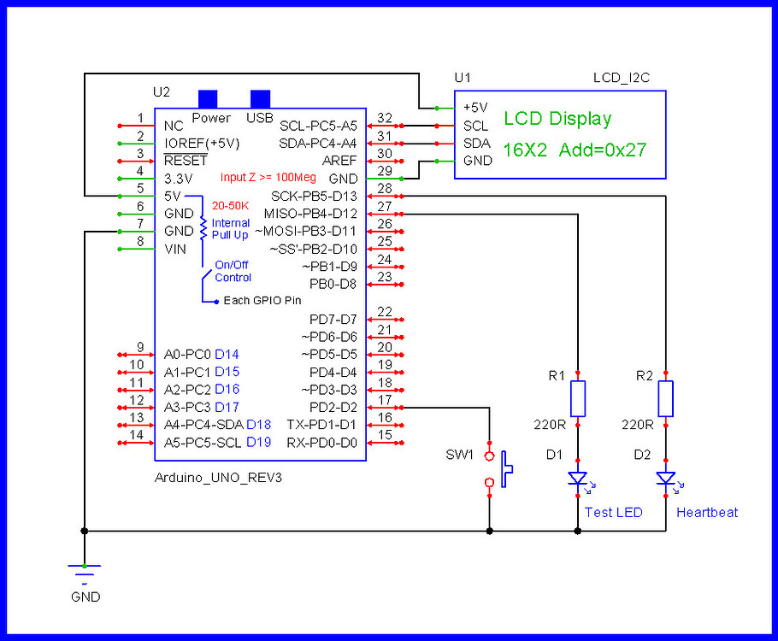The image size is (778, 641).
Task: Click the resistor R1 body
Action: [579, 399]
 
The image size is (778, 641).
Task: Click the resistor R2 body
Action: [667, 399]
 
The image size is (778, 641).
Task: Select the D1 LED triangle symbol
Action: [579, 480]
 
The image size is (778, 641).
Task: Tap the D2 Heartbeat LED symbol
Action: [667, 480]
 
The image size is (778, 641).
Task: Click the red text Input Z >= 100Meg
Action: [268, 178]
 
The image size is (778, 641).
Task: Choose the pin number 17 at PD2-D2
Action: [385, 400]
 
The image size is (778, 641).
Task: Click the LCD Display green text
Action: [557, 119]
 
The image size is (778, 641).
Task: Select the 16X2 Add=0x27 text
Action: [574, 150]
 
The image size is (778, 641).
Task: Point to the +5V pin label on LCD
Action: [474, 108]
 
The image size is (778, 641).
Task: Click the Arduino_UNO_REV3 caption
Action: [218, 478]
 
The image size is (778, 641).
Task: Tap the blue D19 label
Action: [258, 442]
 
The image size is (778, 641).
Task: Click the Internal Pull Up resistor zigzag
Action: [203, 227]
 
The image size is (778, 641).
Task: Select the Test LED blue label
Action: [613, 512]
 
